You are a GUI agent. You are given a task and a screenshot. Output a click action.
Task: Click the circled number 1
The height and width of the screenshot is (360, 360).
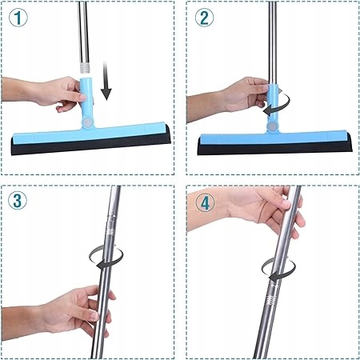tap(18, 18)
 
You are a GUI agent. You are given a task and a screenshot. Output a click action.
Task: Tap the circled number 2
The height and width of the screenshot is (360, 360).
tap(204, 18)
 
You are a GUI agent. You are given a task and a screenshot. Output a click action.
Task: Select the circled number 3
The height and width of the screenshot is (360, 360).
tap(18, 201)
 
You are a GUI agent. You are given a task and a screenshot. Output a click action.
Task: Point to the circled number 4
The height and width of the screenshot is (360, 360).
tap(205, 204)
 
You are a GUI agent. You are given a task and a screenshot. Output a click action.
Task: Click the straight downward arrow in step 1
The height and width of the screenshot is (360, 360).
tap(106, 81)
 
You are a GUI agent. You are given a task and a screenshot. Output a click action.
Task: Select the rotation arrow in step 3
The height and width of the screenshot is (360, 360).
tap(106, 257)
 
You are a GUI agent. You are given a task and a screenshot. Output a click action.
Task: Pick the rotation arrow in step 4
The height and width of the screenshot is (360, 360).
tap(278, 270)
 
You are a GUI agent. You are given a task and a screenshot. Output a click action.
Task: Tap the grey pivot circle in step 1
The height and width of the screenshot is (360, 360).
tap(87, 123)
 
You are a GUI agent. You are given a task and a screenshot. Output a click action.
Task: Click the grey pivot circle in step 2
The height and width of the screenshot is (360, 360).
tap(272, 126)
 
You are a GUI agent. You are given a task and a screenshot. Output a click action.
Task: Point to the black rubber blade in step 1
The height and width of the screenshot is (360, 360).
tap(90, 143)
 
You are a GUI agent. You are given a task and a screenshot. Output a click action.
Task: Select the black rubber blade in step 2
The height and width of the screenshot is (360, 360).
tap(274, 148)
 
